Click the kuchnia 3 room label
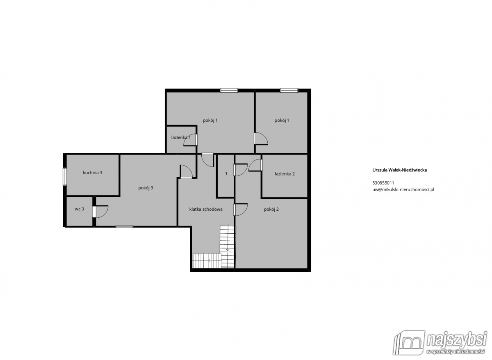93,173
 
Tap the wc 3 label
79,209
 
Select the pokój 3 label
146,188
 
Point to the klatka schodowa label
206,210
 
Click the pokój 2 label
271,210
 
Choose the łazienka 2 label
285,174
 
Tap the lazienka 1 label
181,137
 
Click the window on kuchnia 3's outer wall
65,176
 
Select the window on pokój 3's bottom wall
124,227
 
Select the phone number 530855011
383,183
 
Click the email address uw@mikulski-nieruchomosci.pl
403,189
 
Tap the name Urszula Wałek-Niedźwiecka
399,170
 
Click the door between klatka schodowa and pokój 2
241,210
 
